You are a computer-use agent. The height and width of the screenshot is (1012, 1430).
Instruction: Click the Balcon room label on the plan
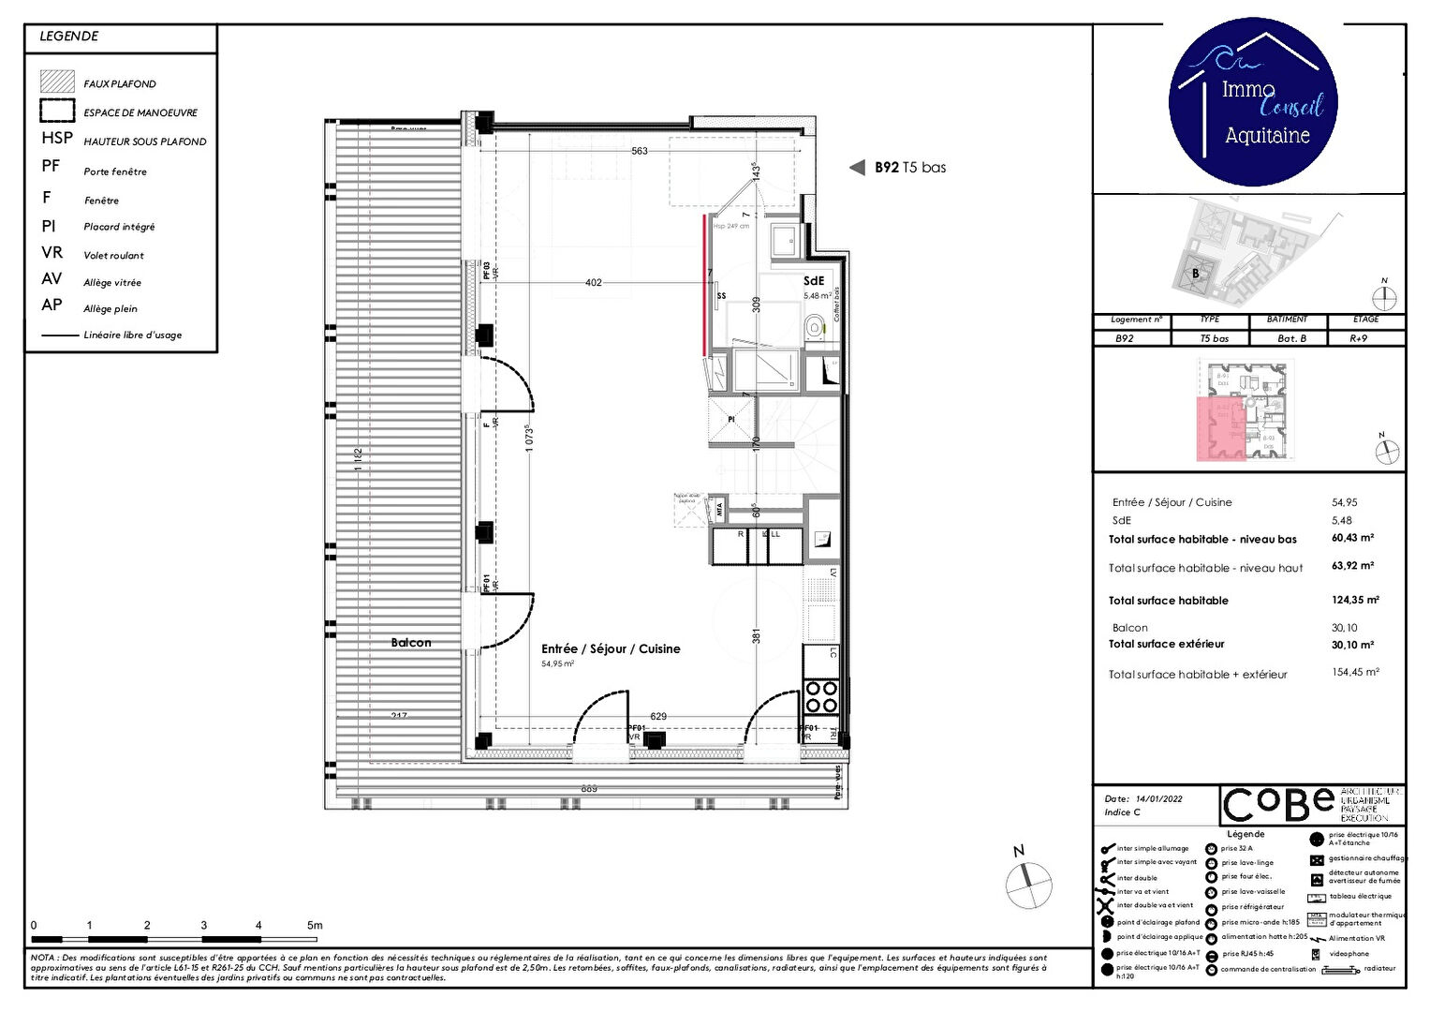click(411, 643)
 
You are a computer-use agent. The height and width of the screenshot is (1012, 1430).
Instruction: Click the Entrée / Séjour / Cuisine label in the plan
click(611, 648)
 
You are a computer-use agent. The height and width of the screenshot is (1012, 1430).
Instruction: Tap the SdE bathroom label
click(814, 280)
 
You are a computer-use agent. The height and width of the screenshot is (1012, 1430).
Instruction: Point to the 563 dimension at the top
click(640, 151)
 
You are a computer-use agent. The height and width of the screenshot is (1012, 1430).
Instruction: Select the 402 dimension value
click(594, 282)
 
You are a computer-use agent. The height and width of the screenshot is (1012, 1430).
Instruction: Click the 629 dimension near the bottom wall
click(658, 716)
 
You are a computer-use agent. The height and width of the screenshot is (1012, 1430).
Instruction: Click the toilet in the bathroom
click(815, 327)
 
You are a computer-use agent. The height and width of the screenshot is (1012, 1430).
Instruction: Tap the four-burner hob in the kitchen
click(821, 697)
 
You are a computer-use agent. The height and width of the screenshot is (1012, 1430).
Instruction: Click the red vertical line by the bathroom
click(705, 285)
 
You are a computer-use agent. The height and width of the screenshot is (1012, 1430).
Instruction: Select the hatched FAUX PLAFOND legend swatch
click(57, 82)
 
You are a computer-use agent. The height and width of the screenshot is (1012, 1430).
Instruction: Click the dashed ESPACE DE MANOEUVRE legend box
click(57, 111)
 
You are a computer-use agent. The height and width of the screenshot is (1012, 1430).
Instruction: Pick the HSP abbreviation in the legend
click(57, 138)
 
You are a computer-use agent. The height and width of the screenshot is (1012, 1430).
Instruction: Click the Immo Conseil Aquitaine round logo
click(1253, 101)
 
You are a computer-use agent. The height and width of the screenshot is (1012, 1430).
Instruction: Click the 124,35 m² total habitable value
click(1355, 600)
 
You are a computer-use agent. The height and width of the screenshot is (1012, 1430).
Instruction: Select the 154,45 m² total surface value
click(1355, 673)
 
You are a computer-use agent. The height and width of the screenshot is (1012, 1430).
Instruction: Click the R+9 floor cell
click(1358, 338)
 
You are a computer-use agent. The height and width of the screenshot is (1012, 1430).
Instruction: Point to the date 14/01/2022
click(1158, 799)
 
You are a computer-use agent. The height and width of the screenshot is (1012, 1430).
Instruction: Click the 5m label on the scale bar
click(315, 925)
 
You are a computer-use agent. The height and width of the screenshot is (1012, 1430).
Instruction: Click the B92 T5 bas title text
click(909, 168)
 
